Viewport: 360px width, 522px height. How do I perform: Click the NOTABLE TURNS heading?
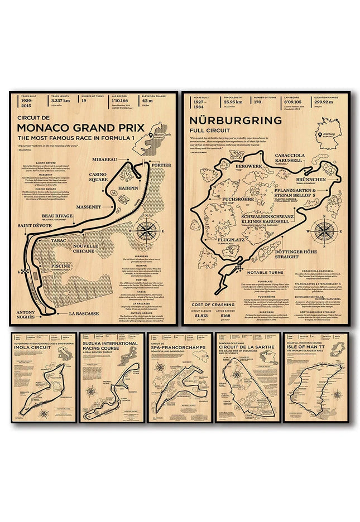262,272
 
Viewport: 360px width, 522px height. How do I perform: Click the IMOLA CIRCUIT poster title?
32,347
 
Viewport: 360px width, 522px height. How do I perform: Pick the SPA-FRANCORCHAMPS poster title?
177,347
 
